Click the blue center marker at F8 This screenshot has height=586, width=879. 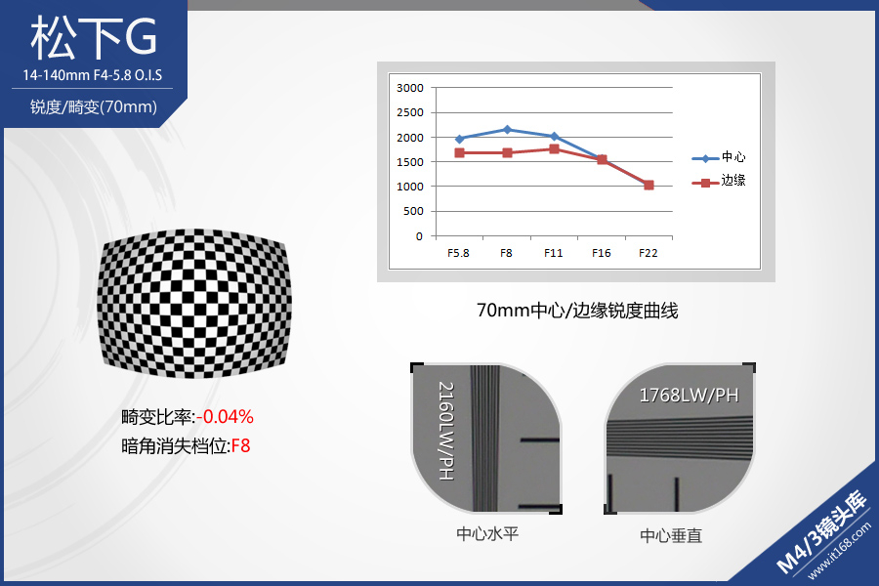(x=507, y=130)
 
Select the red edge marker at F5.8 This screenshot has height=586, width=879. (x=460, y=152)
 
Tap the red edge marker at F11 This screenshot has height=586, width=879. (x=555, y=148)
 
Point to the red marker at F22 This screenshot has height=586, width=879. (x=649, y=185)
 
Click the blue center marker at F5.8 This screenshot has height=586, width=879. (x=460, y=139)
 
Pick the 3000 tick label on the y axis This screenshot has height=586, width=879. (x=410, y=88)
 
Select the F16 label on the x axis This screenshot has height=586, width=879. (x=601, y=253)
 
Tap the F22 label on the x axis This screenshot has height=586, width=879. (x=649, y=253)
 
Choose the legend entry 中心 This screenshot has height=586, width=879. (x=719, y=157)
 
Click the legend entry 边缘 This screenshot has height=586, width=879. (x=719, y=181)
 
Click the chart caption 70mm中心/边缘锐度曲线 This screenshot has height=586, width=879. (x=577, y=311)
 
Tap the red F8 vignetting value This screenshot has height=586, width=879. (x=240, y=445)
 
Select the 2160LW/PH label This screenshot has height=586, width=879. (x=446, y=431)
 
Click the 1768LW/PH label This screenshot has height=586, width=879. (x=689, y=396)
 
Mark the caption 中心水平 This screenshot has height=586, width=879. (x=487, y=533)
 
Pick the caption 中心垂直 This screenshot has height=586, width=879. (x=671, y=535)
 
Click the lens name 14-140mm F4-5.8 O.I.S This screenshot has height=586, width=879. (x=93, y=75)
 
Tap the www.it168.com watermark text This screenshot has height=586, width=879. (x=839, y=550)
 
